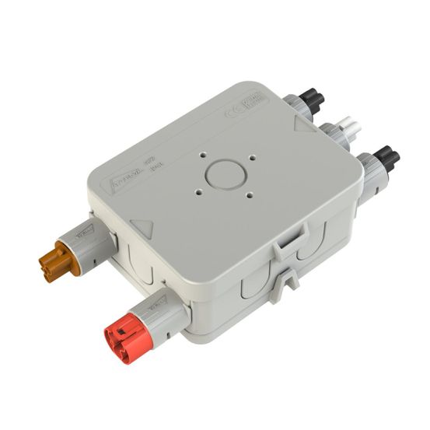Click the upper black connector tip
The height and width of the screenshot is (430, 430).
pyautogui.click(x=311, y=99)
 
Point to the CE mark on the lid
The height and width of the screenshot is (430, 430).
pyautogui.click(x=235, y=111)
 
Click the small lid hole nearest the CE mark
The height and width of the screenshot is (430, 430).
pyautogui.click(x=253, y=159)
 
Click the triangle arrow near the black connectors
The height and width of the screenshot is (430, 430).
pyautogui.click(x=302, y=124)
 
